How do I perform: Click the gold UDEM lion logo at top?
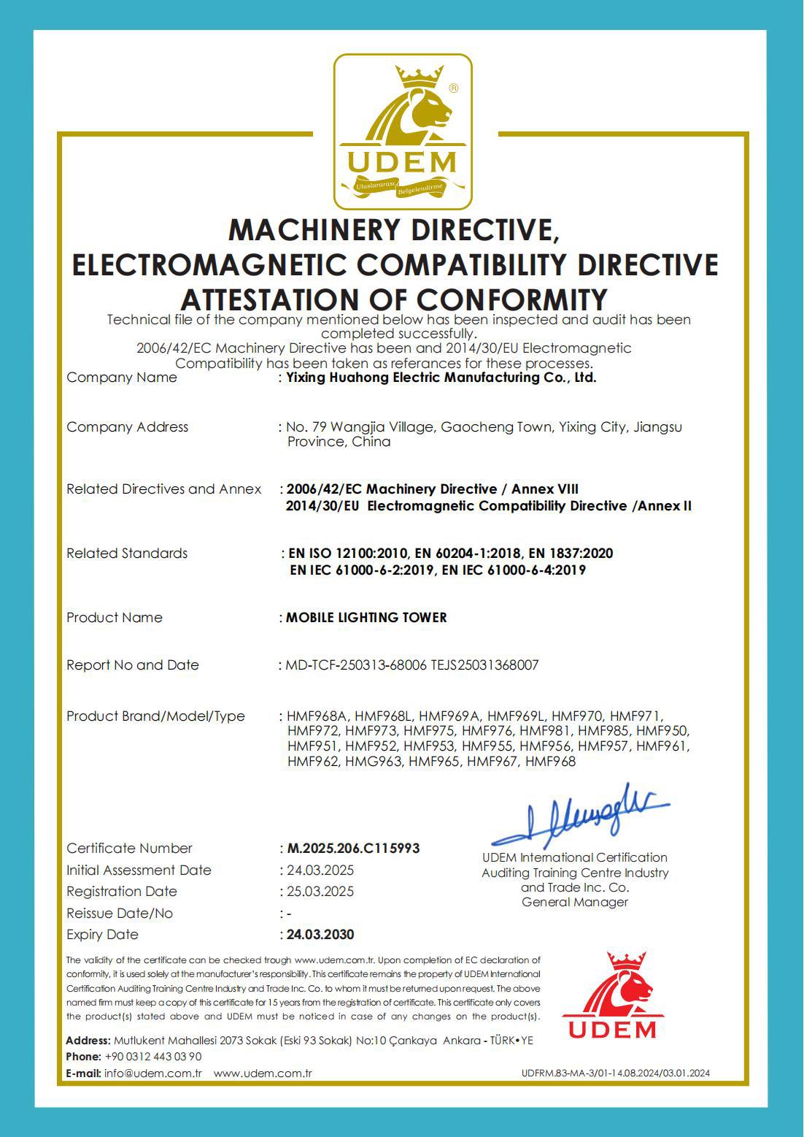403,131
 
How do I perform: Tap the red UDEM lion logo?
612,995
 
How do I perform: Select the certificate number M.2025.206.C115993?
353,848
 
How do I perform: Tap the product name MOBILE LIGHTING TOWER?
366,617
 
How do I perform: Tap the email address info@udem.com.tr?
152,1073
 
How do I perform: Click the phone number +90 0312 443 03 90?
153,1056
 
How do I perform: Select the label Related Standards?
127,553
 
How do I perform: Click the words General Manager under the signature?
575,902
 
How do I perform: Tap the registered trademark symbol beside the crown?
454,88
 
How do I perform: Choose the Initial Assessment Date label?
139,870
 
